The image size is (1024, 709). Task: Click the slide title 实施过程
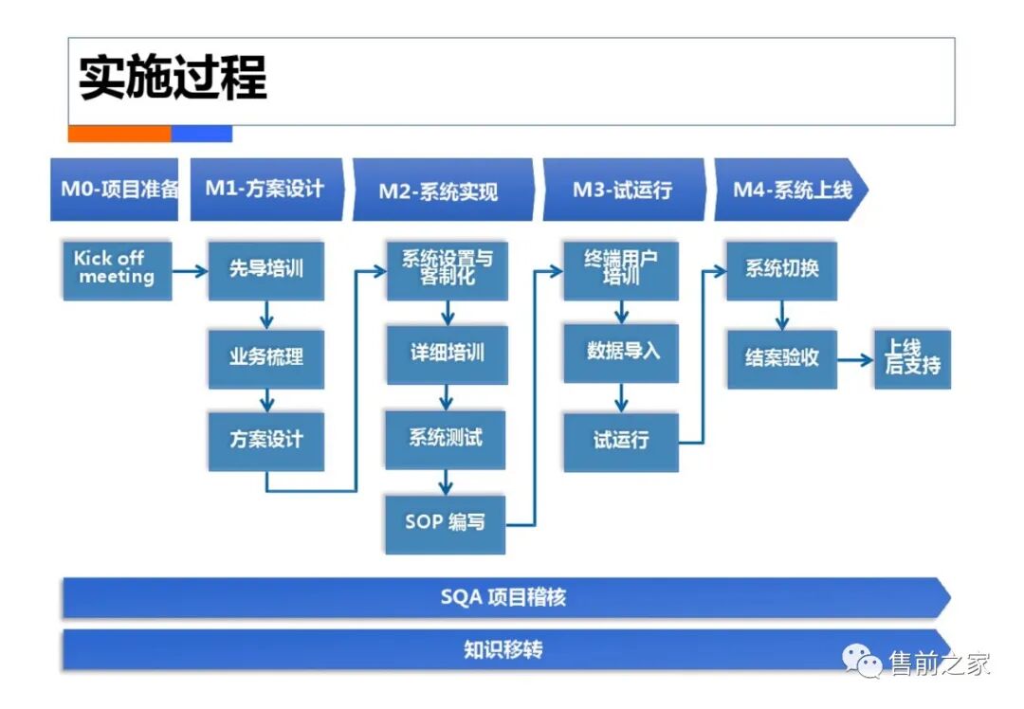pos(173,78)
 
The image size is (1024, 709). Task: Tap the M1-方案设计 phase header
pos(265,190)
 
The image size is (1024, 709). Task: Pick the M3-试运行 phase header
pos(622,190)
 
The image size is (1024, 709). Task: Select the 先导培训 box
pos(265,270)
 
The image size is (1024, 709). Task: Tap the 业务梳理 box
pos(265,357)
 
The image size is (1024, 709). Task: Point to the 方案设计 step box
pos(265,440)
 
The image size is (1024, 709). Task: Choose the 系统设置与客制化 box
pos(445,269)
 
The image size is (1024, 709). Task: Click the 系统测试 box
pos(445,439)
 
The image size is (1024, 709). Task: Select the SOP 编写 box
pos(445,523)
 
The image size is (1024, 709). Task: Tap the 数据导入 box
pos(621,353)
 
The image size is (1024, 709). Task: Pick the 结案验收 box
pos(782,359)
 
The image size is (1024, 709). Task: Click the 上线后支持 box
pos(912,359)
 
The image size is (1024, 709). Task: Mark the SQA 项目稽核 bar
pos(503,598)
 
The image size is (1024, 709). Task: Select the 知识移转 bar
pos(503,650)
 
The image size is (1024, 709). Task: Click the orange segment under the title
pos(119,135)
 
